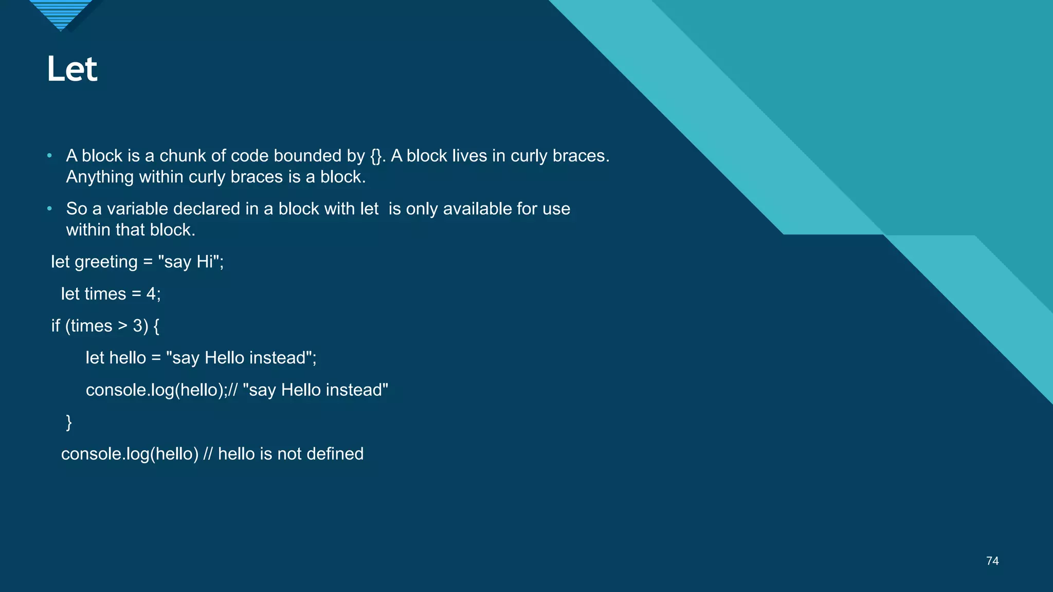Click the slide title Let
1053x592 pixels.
(x=72, y=69)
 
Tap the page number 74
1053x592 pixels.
(x=992, y=561)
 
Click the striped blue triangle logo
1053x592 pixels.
(x=61, y=14)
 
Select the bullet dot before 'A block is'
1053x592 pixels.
(x=49, y=155)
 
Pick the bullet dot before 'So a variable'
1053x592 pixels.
(x=49, y=208)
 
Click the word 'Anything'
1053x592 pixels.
(x=100, y=177)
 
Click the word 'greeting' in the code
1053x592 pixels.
(x=106, y=262)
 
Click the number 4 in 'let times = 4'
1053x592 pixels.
(x=151, y=294)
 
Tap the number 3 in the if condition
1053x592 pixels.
(x=138, y=326)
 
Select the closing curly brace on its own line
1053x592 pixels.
(x=69, y=422)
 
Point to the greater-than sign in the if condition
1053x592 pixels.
(x=122, y=326)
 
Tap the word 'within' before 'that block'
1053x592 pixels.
(x=88, y=230)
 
